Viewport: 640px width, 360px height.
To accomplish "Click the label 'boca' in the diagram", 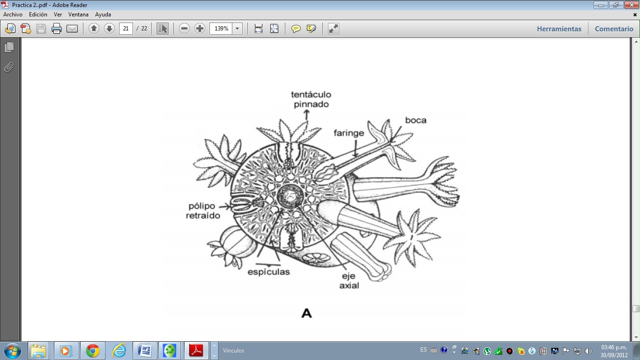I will point(416,120).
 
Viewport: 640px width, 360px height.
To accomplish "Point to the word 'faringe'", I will point(349,133).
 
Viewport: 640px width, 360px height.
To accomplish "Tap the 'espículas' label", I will point(269,272).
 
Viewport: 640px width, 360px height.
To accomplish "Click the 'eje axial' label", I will point(349,280).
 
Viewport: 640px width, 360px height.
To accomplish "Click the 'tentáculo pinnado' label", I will point(311,99).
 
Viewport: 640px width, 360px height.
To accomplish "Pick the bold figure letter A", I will point(306,313).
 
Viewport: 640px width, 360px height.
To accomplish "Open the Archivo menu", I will point(13,15).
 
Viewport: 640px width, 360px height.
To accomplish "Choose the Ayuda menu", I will point(103,15).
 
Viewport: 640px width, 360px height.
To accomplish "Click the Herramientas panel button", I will point(559,29).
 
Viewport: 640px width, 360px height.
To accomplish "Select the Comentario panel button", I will point(614,29).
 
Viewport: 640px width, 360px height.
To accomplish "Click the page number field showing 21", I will point(126,29).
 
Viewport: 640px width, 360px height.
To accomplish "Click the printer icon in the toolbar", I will point(57,29).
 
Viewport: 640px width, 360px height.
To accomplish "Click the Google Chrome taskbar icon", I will point(92,351).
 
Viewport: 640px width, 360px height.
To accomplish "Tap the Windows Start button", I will point(11,351).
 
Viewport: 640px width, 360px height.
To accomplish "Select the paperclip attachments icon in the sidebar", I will point(9,67).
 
